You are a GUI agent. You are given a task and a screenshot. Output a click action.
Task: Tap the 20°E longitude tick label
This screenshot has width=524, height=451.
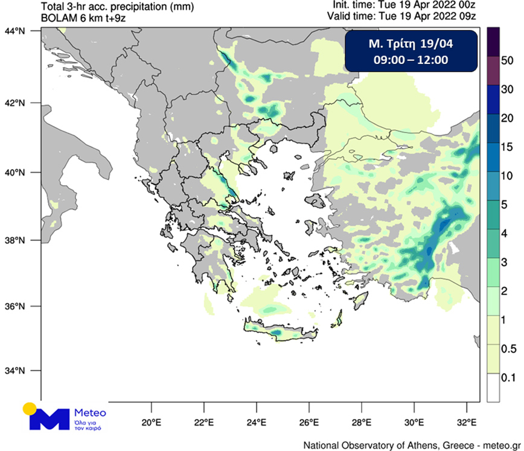(x=150, y=421)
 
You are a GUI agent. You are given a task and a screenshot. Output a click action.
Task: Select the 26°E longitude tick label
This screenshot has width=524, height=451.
(x=308, y=421)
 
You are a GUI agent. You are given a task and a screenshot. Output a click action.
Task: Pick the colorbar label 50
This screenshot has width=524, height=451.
(x=507, y=60)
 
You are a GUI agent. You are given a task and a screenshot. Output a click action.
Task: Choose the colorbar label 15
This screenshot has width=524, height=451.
(x=507, y=147)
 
